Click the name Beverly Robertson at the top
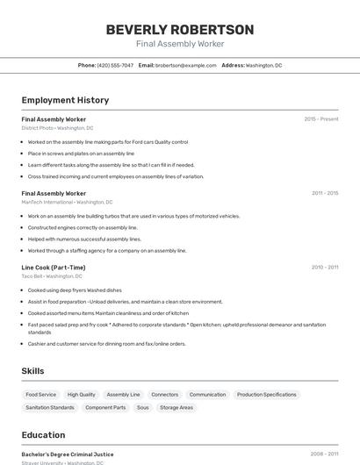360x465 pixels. pos(180,29)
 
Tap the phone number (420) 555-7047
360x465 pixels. pos(115,65)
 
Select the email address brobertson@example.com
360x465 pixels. pos(186,65)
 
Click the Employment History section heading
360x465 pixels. pos(65,100)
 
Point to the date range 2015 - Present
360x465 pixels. pos(320,118)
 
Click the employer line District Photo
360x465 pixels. pos(57,128)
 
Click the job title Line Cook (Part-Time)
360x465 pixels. pos(54,267)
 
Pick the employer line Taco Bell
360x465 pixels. pos(52,276)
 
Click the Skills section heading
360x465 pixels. pos(33,371)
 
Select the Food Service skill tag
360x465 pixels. pos(41,395)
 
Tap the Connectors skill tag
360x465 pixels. pos(164,395)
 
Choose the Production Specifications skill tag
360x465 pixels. pos(267,395)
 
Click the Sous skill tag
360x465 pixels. pos(142,407)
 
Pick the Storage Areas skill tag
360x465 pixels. pos(176,407)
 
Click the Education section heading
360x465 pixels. pos(43,435)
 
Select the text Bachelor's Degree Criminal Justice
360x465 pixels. pos(68,454)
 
